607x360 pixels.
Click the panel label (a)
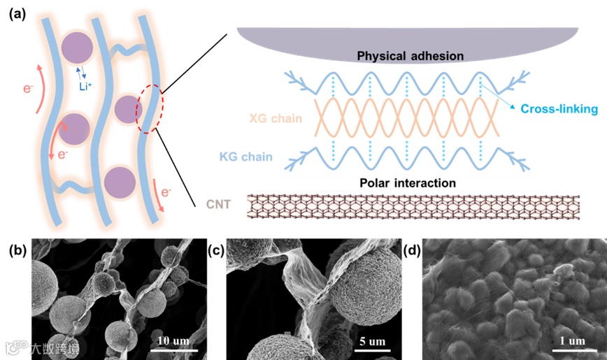coord(17,13)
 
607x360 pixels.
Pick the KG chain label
coord(273,159)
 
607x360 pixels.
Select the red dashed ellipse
coord(149,109)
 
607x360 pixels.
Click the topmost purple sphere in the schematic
coord(77,50)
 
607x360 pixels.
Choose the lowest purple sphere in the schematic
coord(120,182)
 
